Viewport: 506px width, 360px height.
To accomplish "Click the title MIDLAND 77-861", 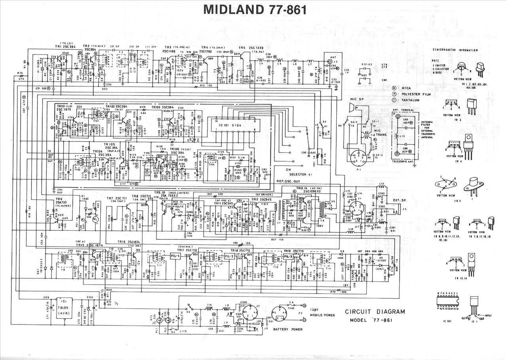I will coord(255,9).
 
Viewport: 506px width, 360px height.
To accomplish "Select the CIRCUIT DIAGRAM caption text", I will coord(375,311).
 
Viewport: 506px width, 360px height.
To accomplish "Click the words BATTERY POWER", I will coord(288,329).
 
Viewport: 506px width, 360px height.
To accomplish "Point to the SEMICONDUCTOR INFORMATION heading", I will coord(455,50).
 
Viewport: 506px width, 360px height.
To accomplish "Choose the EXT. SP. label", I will coord(400,200).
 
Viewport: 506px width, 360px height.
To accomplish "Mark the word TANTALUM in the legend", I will coord(412,100).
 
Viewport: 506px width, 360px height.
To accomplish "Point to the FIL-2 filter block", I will coord(229,256).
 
